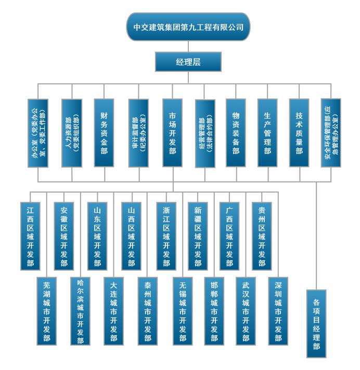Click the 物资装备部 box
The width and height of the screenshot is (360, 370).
tap(236, 133)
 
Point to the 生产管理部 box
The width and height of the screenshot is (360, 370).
tap(267, 133)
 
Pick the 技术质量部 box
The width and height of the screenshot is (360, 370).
tap(299, 133)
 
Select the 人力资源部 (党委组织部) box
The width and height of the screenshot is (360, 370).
tap(72, 133)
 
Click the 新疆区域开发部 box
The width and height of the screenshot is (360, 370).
tap(198, 235)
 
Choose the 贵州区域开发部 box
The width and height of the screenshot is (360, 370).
tap(262, 235)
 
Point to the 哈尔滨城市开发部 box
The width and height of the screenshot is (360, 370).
tap(81, 311)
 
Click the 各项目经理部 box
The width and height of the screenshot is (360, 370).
tap(316, 323)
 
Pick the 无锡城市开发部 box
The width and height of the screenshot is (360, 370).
tap(182, 311)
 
